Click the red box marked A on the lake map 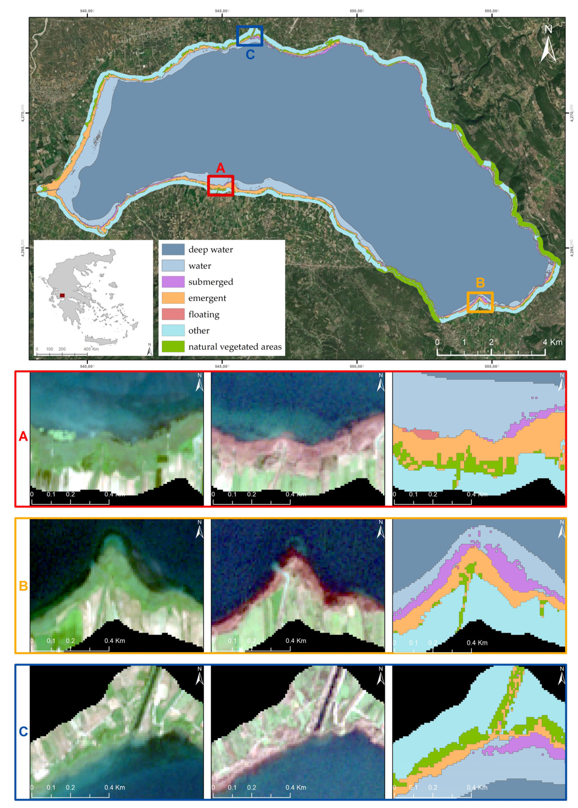220,185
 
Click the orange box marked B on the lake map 480,302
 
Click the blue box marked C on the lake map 249,36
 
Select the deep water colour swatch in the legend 173,249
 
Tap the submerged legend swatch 173,282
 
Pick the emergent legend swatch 173,298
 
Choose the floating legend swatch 173,314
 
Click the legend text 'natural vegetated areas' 235,347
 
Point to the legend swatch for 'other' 173,330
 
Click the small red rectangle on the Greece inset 62,295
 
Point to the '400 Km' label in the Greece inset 91,349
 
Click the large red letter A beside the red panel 23,436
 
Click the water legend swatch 173,265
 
